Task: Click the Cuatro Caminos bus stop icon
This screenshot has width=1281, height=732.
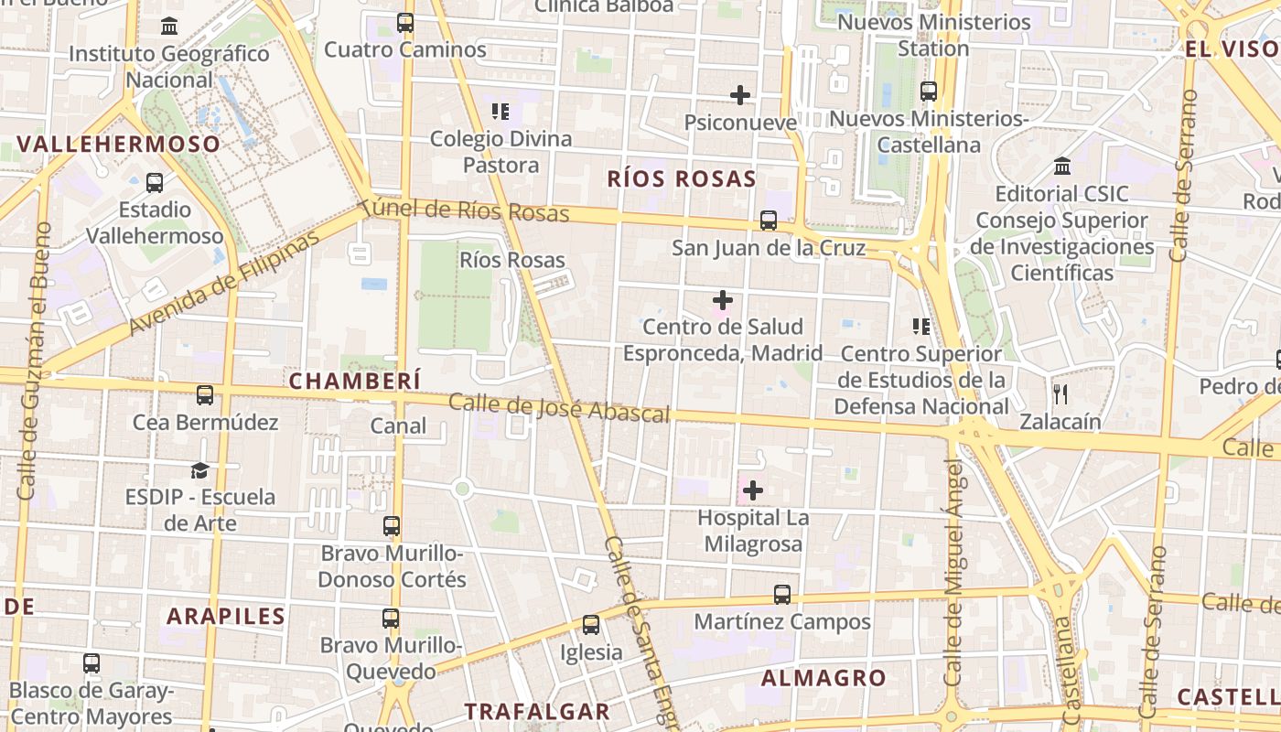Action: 405,23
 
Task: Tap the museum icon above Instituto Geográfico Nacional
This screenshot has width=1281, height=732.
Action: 169,27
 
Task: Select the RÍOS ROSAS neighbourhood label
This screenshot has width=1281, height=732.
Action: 682,178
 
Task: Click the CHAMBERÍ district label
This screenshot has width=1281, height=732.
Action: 355,381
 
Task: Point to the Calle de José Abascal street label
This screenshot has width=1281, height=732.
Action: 559,408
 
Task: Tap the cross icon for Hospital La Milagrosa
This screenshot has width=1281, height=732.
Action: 753,491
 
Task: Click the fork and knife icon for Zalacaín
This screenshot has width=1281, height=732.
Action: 1060,394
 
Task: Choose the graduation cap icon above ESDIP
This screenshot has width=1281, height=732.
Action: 199,470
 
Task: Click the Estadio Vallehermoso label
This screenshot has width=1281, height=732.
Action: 155,222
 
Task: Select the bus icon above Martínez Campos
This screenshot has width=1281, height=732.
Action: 782,595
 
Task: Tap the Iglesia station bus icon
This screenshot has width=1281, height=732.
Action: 591,626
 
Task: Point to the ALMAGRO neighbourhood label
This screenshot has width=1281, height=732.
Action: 823,678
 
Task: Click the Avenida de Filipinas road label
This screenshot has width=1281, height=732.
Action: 225,282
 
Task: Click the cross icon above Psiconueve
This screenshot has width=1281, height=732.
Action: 740,94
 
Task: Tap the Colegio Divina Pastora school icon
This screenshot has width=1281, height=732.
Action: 501,112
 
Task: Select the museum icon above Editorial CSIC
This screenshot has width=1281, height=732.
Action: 1062,167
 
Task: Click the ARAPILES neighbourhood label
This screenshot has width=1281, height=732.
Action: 226,616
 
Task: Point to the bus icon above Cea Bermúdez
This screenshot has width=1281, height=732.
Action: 205,395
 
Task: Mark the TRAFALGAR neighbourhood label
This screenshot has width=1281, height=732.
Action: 536,711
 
